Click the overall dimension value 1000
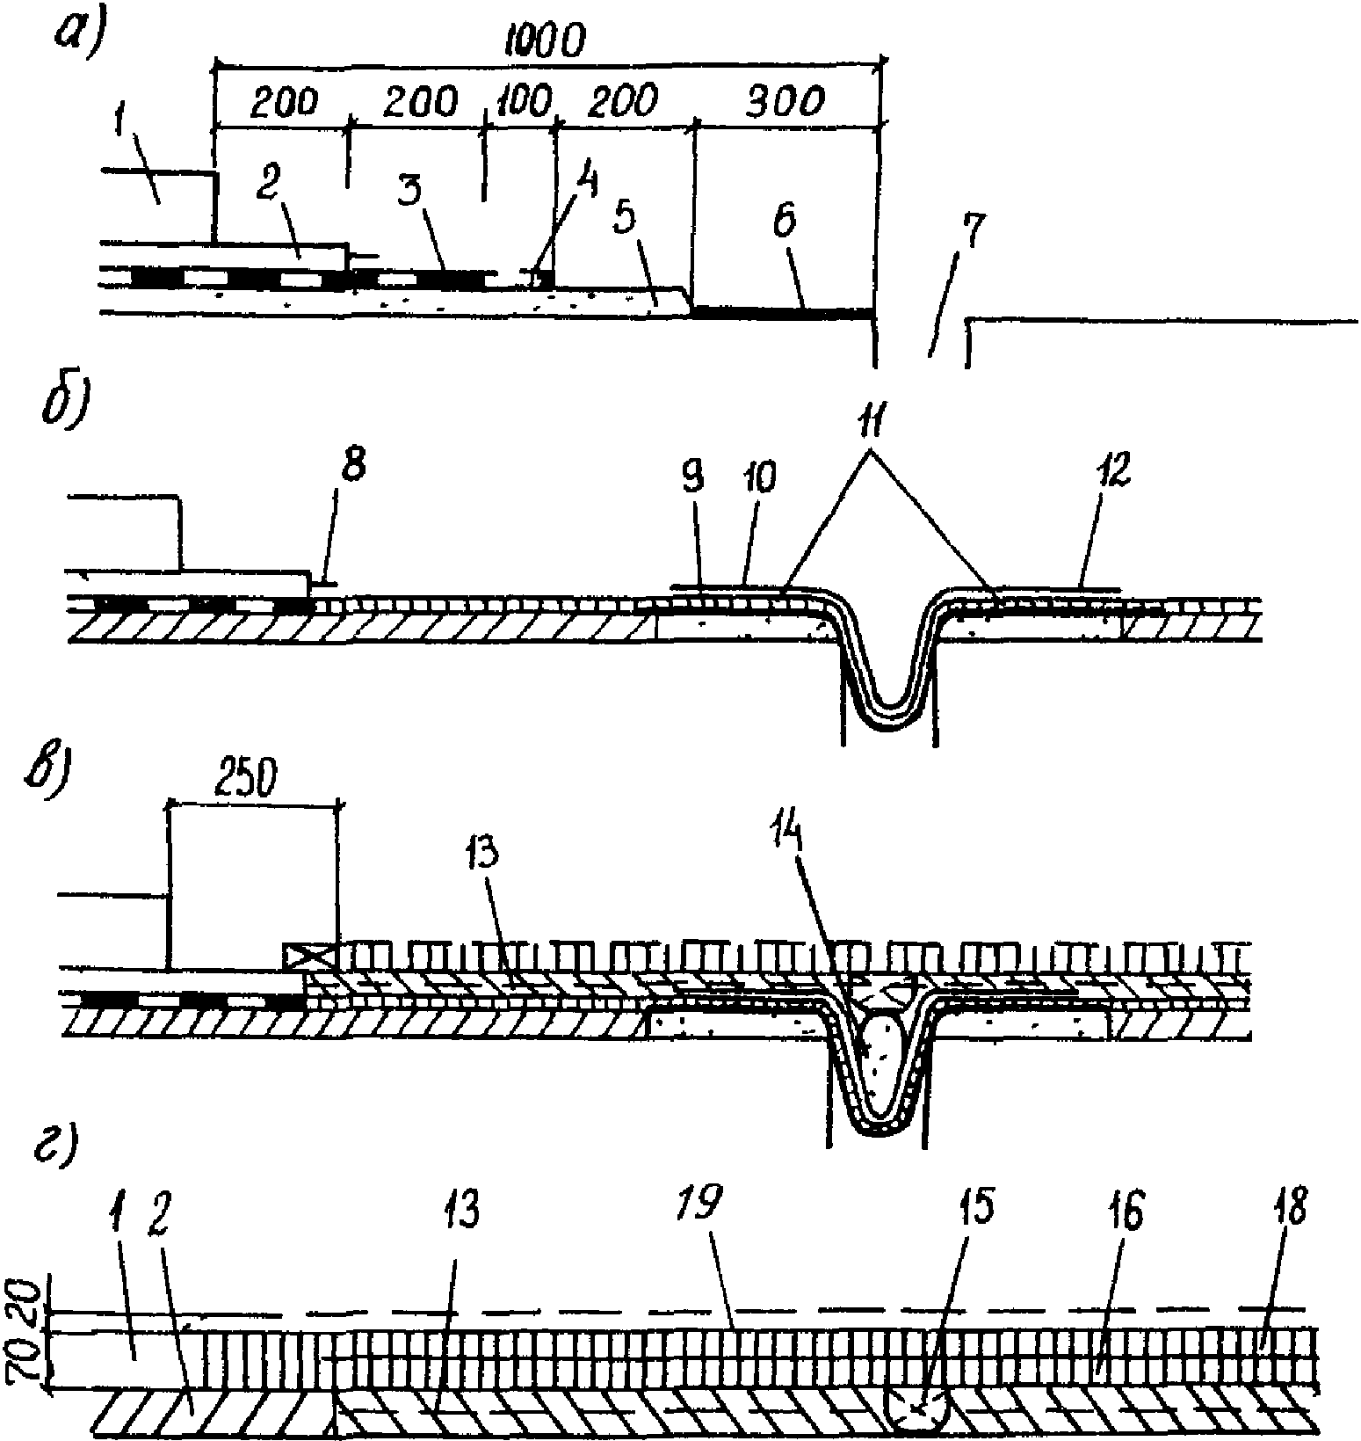546,40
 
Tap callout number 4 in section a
585,186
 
